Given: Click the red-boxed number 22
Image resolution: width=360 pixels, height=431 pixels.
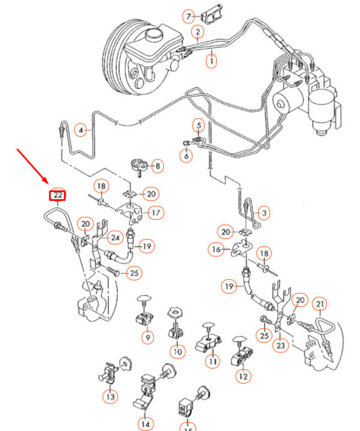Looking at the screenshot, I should pos(58,195).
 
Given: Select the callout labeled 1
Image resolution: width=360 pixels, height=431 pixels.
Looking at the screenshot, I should pos(212,60).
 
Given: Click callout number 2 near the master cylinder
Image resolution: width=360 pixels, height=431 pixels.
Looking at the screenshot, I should pos(197,32).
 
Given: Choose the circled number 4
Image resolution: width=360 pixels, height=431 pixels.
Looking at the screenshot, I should pos(81,129).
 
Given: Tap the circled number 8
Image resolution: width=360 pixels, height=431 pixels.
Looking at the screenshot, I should pos(157,166).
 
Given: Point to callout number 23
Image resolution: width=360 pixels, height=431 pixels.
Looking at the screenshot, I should pos(280,345).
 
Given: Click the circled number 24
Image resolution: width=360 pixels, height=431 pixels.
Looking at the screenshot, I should pos(115,238).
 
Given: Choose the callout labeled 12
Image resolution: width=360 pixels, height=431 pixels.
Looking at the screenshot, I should pos(243,376).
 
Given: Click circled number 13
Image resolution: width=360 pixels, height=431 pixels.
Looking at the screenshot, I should pos(110,397).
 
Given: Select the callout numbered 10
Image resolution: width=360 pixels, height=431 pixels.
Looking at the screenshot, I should pos(177,351).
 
